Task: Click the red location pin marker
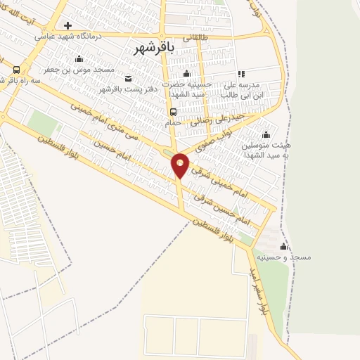[x=180, y=165]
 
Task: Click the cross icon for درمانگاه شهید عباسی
[x=67, y=25]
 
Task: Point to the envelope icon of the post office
[x=128, y=78]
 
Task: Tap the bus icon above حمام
[x=173, y=111]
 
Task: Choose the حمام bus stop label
[x=173, y=122]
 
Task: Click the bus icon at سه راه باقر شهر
[x=16, y=70]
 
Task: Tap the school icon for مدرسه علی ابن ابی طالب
[x=241, y=74]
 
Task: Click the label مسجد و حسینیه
[x=284, y=257]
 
